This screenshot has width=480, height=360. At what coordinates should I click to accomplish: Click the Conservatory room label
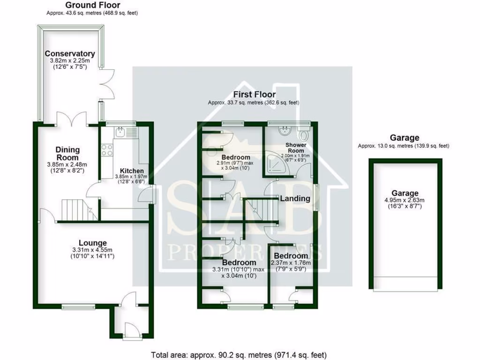pyautogui.click(x=69, y=54)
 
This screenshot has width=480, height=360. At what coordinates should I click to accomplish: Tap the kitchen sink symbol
pyautogui.click(x=121, y=132)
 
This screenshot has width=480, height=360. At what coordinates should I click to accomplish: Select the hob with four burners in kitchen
pyautogui.click(x=107, y=150)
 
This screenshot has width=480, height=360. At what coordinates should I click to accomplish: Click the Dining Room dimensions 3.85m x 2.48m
pyautogui.click(x=67, y=165)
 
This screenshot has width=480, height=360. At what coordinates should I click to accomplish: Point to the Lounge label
pyautogui.click(x=92, y=243)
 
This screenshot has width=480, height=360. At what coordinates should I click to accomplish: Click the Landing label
pyautogui.click(x=295, y=198)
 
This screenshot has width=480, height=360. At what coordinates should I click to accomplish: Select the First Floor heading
pyautogui.click(x=254, y=95)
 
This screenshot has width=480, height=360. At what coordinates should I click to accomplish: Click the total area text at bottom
pyautogui.click(x=239, y=355)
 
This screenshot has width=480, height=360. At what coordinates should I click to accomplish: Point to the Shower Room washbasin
pyautogui.click(x=284, y=130)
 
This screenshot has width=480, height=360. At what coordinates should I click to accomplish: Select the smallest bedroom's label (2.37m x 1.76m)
pyautogui.click(x=291, y=256)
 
